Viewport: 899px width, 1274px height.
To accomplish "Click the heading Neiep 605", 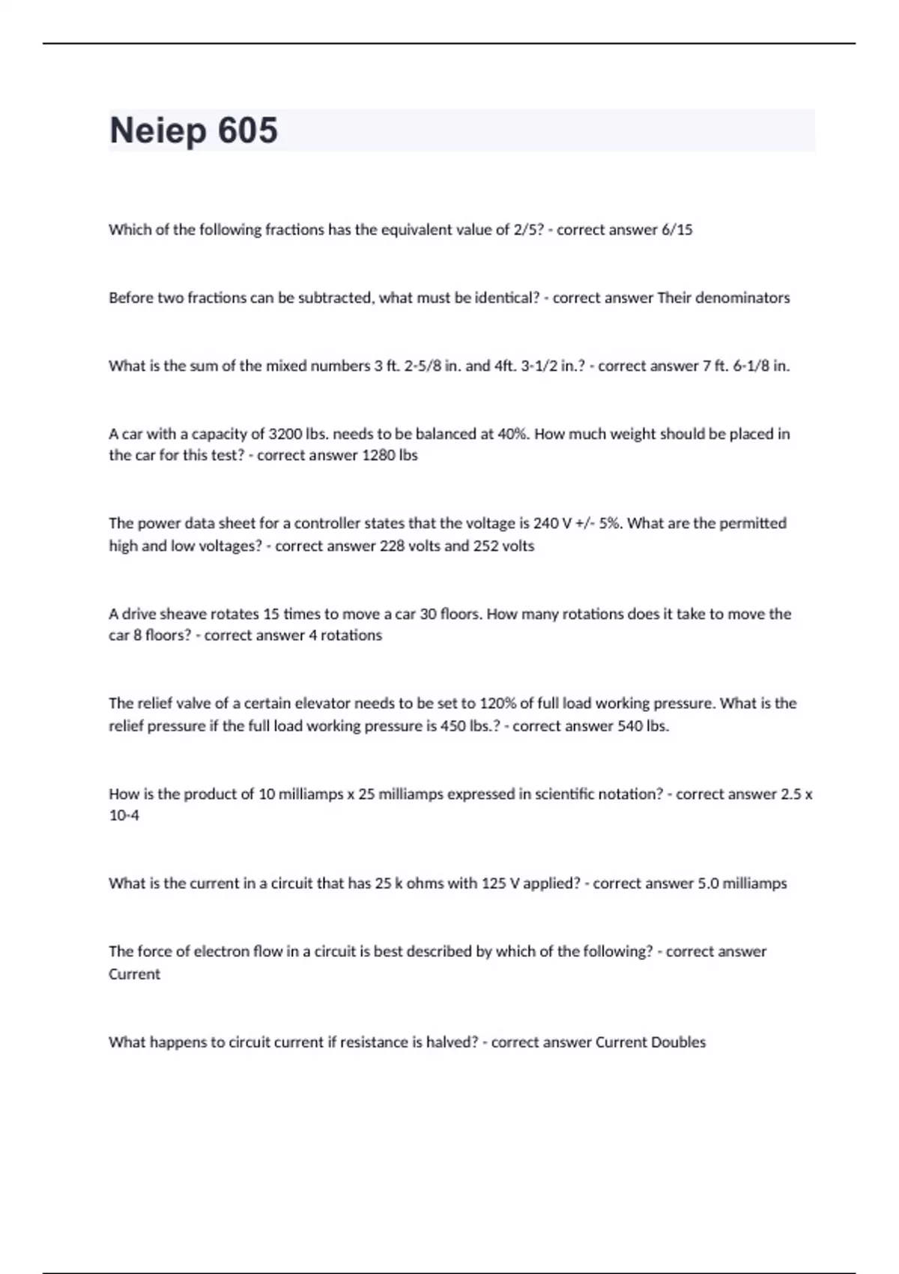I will pyautogui.click(x=193, y=130).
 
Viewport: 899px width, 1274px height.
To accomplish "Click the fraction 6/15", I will pyautogui.click(x=676, y=230).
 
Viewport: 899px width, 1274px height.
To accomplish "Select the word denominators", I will pyautogui.click(x=742, y=298).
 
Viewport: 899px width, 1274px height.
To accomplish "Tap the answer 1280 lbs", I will pyautogui.click(x=390, y=456).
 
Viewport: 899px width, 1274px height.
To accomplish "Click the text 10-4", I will pyautogui.click(x=124, y=815).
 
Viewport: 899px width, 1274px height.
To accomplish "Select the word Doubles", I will pyautogui.click(x=678, y=1042).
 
